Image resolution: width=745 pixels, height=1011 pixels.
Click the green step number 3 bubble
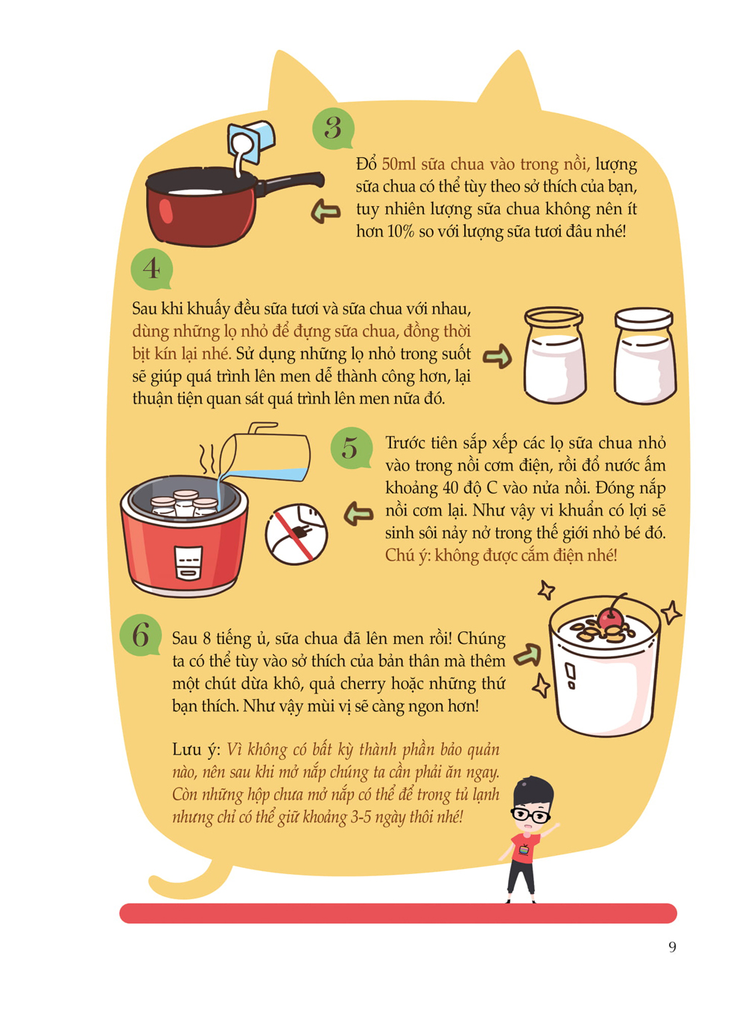tap(333, 129)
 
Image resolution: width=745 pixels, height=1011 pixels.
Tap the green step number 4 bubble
tap(152, 269)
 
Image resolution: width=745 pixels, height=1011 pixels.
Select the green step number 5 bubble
tap(351, 447)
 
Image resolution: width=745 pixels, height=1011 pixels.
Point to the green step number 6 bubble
tap(141, 635)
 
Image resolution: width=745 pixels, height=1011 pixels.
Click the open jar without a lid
tap(554, 355)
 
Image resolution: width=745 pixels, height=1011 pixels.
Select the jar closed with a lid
tap(644, 355)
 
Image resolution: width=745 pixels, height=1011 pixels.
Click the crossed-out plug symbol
tap(297, 534)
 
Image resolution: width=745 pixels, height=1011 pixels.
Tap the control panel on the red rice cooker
tap(188, 564)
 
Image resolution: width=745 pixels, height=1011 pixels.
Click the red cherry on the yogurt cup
tap(610, 619)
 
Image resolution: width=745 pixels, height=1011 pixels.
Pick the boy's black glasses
tap(531, 814)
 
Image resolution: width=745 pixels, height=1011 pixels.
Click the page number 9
tap(672, 947)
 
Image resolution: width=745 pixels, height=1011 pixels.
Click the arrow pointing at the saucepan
tap(326, 211)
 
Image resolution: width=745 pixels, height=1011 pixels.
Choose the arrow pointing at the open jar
tap(498, 357)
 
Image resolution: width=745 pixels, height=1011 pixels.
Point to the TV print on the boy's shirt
tap(524, 850)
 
